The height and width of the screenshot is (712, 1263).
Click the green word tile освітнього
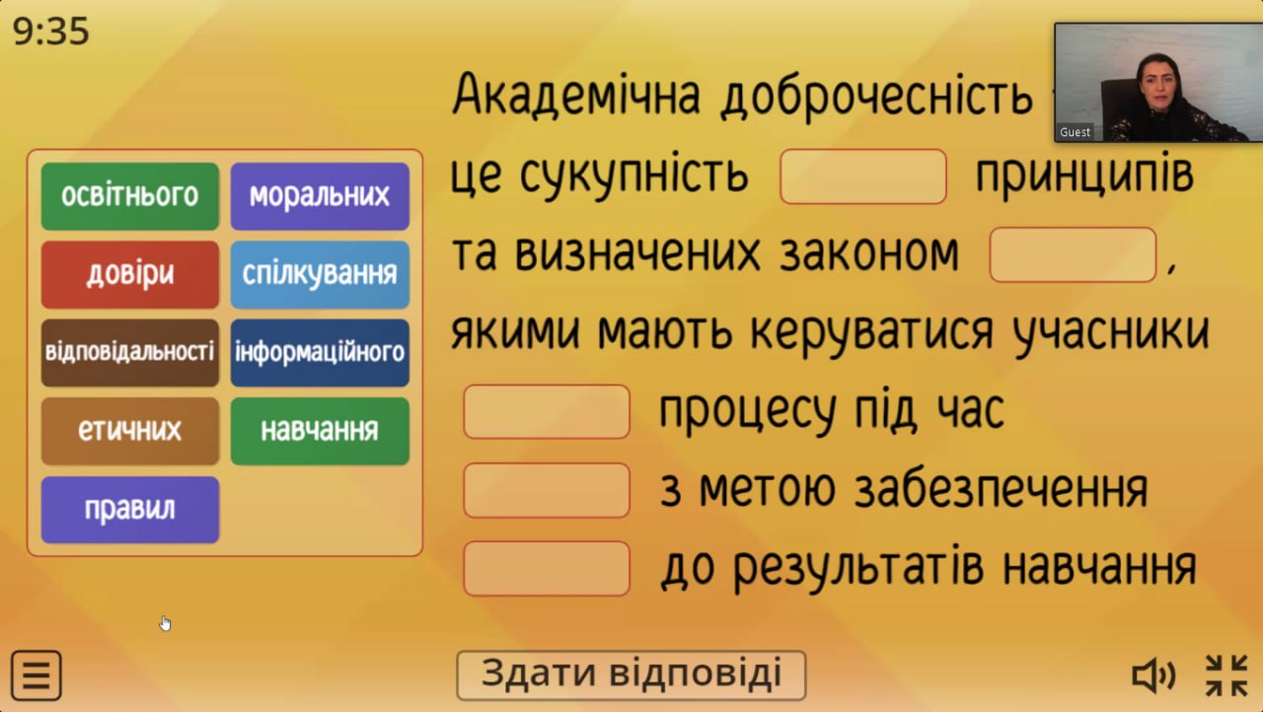click(x=130, y=196)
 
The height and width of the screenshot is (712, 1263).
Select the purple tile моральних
click(x=320, y=196)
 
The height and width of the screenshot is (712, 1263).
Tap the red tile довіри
click(x=130, y=274)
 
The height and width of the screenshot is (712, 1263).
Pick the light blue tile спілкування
click(x=320, y=274)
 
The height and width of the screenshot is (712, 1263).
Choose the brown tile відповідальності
click(x=130, y=353)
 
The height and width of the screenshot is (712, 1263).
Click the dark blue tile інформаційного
click(x=320, y=353)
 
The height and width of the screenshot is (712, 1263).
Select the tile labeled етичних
click(x=130, y=431)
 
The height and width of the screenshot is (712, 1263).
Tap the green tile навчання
click(x=320, y=431)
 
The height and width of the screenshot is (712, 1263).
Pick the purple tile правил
click(x=130, y=510)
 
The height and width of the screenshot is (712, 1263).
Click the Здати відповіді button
click(x=631, y=675)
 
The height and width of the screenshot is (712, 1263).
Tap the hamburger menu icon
click(x=37, y=676)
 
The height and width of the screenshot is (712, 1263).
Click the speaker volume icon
click(x=1153, y=675)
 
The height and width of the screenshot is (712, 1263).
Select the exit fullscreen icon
click(x=1226, y=676)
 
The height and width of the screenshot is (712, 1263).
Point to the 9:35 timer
click(x=50, y=31)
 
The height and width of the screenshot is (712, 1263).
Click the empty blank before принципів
click(x=863, y=177)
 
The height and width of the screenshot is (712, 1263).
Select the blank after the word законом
click(x=1073, y=254)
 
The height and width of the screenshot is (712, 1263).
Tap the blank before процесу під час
click(x=547, y=412)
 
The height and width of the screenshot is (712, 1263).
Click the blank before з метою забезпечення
click(x=547, y=490)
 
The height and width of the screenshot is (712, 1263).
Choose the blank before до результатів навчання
click(x=547, y=568)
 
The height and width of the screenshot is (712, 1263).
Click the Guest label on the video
click(x=1075, y=132)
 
